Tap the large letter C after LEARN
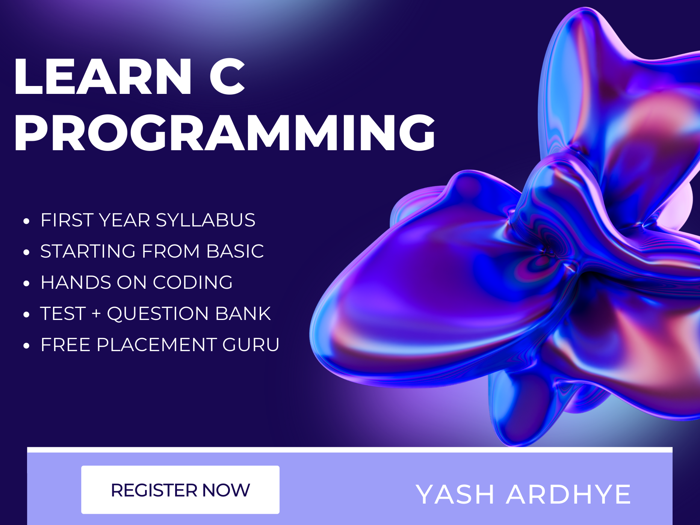click(227, 77)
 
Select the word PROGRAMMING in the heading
click(225, 133)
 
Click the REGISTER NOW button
click(180, 490)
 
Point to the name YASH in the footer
click(455, 495)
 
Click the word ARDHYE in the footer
click(568, 495)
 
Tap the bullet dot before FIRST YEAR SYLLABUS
click(26, 221)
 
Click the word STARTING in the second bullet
click(88, 251)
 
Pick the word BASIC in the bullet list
click(235, 251)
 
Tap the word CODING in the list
click(192, 282)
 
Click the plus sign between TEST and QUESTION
click(96, 314)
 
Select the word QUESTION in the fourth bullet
click(157, 314)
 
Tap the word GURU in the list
click(251, 345)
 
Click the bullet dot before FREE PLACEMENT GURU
click(26, 346)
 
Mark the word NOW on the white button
click(226, 490)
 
